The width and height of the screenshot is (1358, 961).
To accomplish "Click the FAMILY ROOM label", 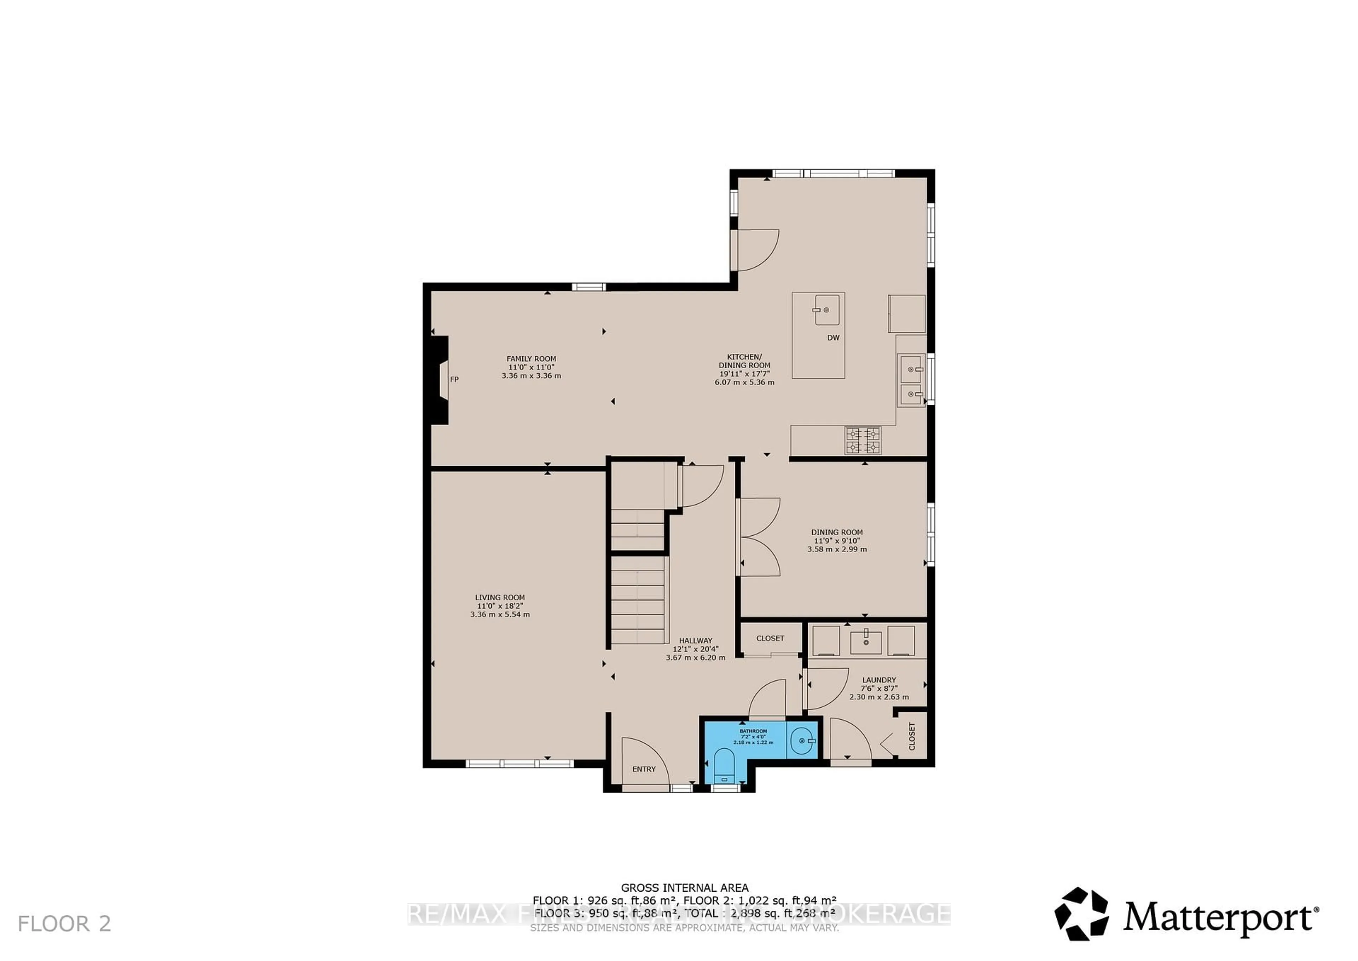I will tap(531, 358).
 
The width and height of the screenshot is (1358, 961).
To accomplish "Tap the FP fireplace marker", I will tap(454, 379).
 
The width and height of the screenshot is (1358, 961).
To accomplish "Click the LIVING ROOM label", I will tap(500, 598).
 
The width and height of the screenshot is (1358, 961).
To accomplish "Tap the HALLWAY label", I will tap(696, 640).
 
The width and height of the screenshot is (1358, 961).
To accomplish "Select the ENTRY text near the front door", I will tap(644, 769).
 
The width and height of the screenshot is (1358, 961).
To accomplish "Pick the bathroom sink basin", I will tap(802, 740).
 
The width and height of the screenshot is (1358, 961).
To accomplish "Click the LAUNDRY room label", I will tap(879, 680).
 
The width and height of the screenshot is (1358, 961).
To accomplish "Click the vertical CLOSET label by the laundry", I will tap(911, 736).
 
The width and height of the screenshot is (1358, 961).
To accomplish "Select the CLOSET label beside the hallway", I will tap(770, 639).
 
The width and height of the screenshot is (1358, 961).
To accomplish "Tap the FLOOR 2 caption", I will tap(64, 924).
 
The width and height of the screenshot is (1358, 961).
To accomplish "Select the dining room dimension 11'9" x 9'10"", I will tap(836, 541).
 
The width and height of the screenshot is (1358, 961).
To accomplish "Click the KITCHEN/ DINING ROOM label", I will tap(744, 361).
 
